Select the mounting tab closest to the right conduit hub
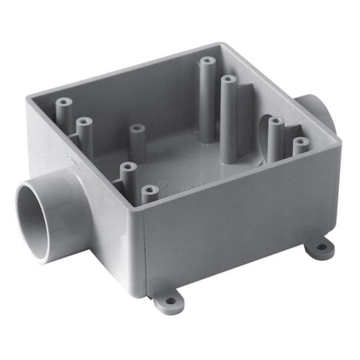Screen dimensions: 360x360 tap(320, 249)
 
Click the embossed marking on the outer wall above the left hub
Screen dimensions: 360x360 tap(71, 161)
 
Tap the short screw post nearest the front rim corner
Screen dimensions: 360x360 tap(148, 190)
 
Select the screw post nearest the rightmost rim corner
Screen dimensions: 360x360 tap(300, 143)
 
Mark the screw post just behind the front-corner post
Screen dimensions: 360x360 tap(127, 166)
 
